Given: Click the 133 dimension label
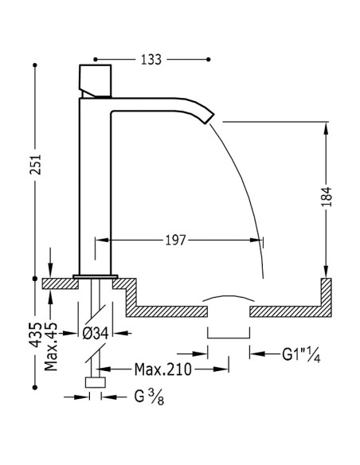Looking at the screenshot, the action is pyautogui.click(x=151, y=60).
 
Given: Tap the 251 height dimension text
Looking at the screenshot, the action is pyautogui.click(x=35, y=165).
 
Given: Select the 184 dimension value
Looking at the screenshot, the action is pyautogui.click(x=327, y=197).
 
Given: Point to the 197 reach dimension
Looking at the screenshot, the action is pyautogui.click(x=175, y=240).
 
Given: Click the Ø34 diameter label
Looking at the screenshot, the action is pyautogui.click(x=96, y=334).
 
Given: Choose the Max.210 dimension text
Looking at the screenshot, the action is pyautogui.click(x=163, y=369).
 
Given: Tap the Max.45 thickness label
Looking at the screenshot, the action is pyautogui.click(x=51, y=346).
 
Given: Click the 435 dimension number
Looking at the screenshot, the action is pyautogui.click(x=35, y=334).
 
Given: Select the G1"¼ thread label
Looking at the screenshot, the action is pyautogui.click(x=301, y=354).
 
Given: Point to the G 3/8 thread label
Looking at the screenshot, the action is pyautogui.click(x=149, y=397).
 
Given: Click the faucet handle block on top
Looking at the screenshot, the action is pyautogui.click(x=96, y=80).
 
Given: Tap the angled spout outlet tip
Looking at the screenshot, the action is pyautogui.click(x=209, y=119).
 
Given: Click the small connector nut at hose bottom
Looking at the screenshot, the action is pyautogui.click(x=96, y=382).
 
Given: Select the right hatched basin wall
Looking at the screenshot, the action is pyautogui.click(x=327, y=297).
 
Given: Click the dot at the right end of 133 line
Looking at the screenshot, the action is pyautogui.click(x=209, y=60).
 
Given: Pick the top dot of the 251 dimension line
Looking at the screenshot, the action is pyautogui.click(x=35, y=65).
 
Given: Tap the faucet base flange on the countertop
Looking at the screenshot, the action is pyautogui.click(x=96, y=276).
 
